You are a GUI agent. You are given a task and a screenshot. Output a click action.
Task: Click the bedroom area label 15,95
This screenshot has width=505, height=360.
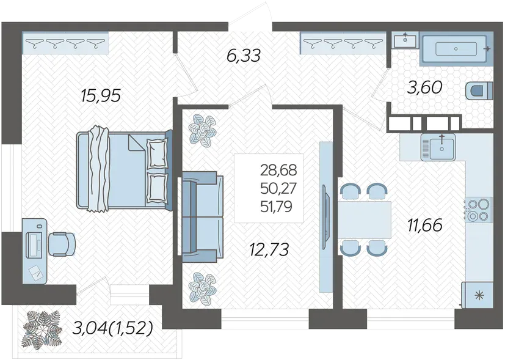tap(101, 95)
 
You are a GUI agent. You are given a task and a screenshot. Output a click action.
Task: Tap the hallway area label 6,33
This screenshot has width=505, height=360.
tap(243, 56)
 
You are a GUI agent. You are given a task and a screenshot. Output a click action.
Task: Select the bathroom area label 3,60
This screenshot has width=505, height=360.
tap(424, 87)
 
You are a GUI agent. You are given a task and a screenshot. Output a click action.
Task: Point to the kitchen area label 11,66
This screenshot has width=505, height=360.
tap(425, 225)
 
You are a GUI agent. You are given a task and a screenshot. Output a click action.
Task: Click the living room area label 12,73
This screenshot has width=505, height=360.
tap(269, 249)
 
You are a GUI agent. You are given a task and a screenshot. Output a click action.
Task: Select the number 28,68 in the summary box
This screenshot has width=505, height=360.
tap(278, 170)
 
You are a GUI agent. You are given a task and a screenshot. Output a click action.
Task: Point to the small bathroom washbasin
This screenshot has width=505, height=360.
tap(405, 40)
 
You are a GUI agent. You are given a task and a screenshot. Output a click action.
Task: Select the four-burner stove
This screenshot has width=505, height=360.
tap(478, 210)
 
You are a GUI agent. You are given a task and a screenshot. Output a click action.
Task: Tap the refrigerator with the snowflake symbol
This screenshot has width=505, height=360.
tap(478, 295)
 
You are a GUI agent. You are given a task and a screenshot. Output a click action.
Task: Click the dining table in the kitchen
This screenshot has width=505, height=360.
tap(365, 220)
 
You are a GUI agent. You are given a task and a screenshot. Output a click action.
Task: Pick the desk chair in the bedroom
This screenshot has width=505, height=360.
tap(62, 244)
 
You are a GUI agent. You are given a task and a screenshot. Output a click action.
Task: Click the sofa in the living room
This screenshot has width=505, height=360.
tap(203, 216)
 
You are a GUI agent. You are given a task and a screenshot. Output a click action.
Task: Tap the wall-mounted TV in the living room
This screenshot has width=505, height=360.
tap(326, 216)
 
